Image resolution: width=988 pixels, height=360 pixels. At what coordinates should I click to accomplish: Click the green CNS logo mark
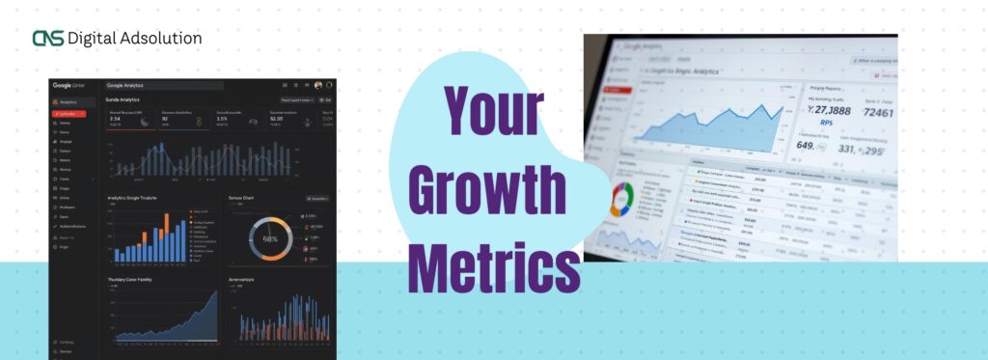[46, 39]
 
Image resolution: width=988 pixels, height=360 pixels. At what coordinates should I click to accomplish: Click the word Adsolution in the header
[161, 39]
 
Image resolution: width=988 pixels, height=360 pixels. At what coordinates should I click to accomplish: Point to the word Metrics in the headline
[492, 261]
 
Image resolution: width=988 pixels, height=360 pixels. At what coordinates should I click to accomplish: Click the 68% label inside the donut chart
[270, 238]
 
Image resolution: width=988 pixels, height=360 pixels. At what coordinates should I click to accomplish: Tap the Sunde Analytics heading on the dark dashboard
[123, 99]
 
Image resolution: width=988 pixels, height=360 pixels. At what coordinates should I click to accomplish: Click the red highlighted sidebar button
[69, 113]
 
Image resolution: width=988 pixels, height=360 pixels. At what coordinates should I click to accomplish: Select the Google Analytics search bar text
[125, 86]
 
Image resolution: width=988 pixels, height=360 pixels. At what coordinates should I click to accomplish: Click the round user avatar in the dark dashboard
[317, 86]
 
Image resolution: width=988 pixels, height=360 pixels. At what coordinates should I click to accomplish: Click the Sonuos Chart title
[240, 198]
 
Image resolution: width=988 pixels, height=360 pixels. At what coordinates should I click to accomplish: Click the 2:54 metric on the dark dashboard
[114, 119]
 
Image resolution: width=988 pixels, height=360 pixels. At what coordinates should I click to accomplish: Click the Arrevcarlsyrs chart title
[241, 280]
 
